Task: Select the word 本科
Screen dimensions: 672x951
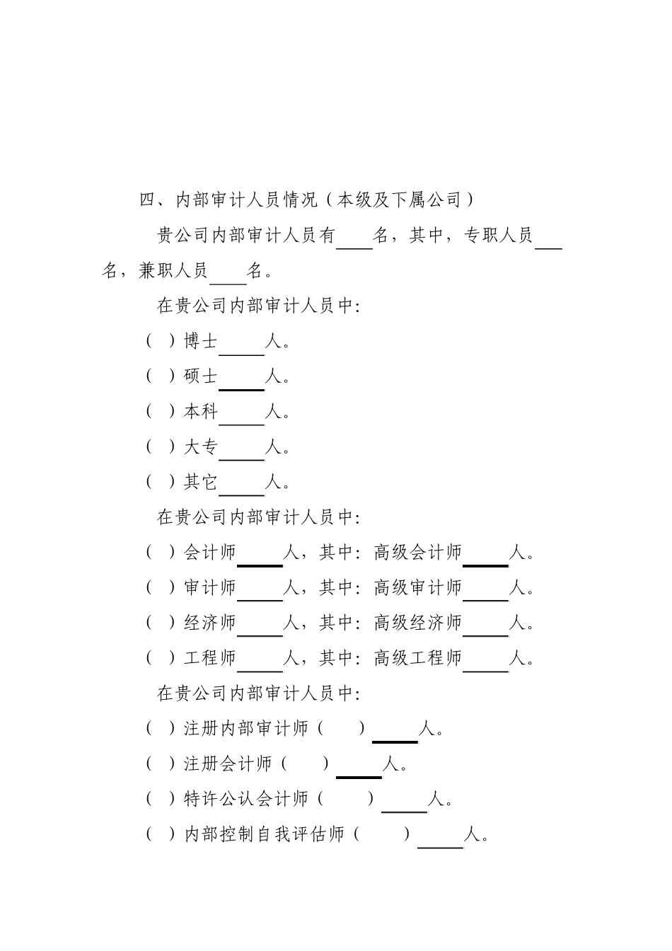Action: pyautogui.click(x=201, y=412)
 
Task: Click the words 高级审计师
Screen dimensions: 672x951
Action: pyautogui.click(x=417, y=588)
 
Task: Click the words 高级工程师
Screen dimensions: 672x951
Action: pyautogui.click(x=417, y=659)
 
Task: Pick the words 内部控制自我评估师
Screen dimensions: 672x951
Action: pyautogui.click(x=265, y=835)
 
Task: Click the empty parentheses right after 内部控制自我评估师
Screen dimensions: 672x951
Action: pyautogui.click(x=382, y=835)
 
